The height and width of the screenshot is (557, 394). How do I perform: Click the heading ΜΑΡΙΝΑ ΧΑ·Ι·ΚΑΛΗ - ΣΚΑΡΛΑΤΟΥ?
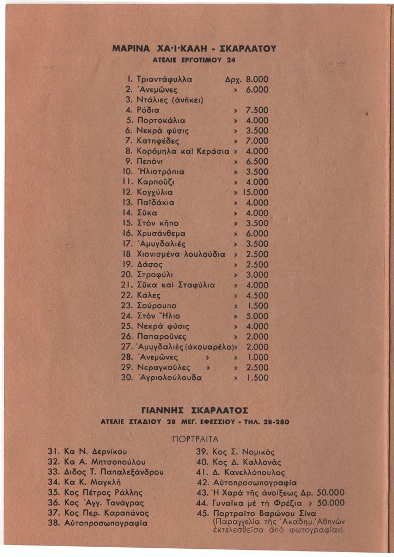pyautogui.click(x=195, y=48)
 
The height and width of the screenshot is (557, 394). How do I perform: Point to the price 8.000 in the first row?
pyautogui.click(x=257, y=78)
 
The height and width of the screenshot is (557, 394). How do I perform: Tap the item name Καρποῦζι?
pyautogui.click(x=156, y=182)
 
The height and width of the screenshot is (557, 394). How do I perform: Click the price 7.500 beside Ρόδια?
pyautogui.click(x=257, y=110)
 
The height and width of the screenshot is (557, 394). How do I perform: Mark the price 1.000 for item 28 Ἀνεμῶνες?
pyautogui.click(x=257, y=357)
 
